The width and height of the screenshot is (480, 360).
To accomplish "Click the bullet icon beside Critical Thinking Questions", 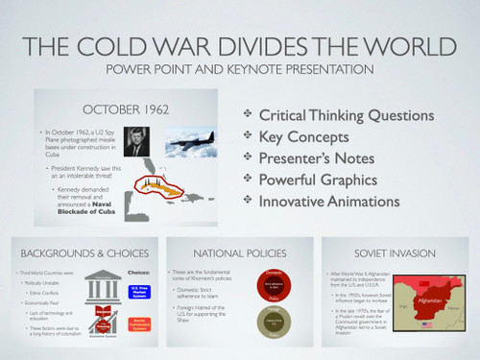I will point(248,115).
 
